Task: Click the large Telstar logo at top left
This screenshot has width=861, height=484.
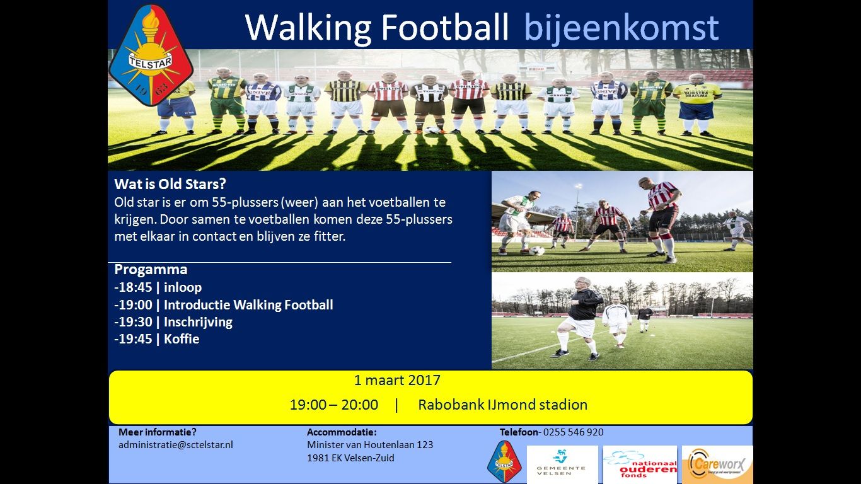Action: pos(151,56)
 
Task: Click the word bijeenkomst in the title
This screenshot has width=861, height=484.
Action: pos(621,27)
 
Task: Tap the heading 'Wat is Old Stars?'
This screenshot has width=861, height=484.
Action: pos(170,185)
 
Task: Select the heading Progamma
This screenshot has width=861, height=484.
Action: pos(151,270)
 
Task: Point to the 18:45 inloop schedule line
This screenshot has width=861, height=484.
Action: pos(158,287)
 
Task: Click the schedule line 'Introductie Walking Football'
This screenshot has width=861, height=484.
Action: pos(224,305)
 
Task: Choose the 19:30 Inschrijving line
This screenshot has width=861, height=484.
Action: pos(173,322)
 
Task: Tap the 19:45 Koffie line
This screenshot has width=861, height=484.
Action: pos(157,339)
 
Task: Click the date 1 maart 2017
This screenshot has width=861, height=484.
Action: pos(397,380)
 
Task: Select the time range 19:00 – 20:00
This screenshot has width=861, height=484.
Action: pos(334,405)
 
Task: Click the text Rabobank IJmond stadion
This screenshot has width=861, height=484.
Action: pos(502,405)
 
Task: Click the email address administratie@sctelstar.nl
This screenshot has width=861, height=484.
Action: pos(176,444)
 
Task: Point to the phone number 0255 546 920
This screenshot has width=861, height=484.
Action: pos(572,432)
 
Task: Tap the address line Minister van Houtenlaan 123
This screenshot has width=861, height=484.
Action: pos(370,444)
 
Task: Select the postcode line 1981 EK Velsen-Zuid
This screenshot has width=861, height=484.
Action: pos(350,458)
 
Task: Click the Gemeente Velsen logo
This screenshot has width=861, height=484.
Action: pos(562,464)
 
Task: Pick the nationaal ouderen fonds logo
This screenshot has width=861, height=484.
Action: pos(640,464)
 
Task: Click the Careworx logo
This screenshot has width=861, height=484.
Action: pos(717,464)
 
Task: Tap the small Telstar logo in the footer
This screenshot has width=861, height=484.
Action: pos(504,462)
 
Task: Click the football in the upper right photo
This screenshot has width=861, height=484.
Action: pos(536,250)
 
